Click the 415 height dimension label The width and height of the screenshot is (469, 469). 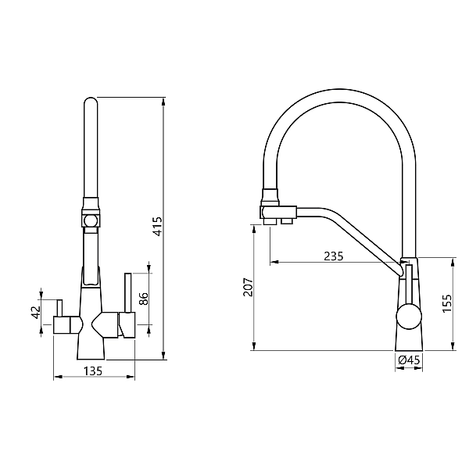click(157, 226)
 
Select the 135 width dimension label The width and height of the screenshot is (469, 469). click(93, 371)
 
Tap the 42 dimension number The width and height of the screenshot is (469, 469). click(37, 312)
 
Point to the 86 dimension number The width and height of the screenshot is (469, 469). click(144, 299)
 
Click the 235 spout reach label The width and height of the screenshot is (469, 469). click(334, 256)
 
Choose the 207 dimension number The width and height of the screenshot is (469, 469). click(248, 287)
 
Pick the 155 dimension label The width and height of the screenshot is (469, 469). click(447, 303)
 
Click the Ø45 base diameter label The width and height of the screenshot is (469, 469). click(409, 360)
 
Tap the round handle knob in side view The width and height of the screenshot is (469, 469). click(409, 317)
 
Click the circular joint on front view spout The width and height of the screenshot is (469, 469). click(91, 221)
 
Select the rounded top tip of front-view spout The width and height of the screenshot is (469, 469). click(91, 100)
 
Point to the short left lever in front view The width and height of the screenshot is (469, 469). click(60, 307)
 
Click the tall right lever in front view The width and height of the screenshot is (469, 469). click(128, 292)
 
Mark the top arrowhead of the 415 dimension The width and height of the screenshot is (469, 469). click(163, 102)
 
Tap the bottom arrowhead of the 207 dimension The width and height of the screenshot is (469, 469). click(254, 346)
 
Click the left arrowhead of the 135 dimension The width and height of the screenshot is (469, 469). click(58, 377)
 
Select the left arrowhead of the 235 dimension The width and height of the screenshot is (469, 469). click(274, 262)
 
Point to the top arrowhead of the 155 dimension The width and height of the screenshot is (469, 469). click(453, 261)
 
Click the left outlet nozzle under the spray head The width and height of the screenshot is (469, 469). click(270, 221)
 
